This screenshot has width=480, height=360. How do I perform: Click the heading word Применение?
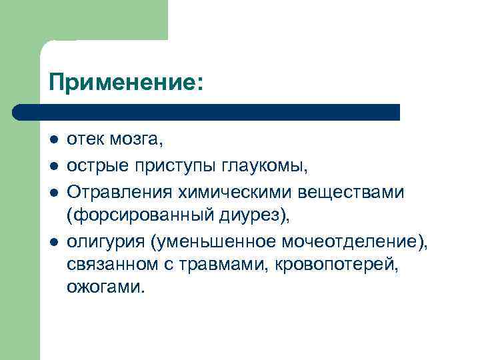[x=123, y=83]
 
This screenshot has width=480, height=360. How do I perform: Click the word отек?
[x=85, y=141]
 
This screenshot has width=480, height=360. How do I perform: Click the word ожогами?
[x=105, y=288]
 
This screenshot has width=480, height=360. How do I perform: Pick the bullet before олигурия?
[x=53, y=241]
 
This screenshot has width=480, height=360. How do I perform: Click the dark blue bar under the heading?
[x=207, y=111]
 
